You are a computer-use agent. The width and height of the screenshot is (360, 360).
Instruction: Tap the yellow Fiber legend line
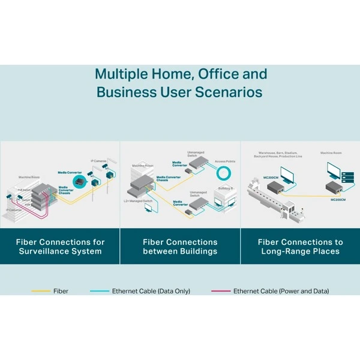(x=40, y=291)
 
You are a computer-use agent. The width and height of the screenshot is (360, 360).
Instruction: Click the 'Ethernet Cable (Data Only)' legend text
(x=151, y=291)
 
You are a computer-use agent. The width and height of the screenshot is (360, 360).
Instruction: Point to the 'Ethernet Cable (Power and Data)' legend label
(x=281, y=291)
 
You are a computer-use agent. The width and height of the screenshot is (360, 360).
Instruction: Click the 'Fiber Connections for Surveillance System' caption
(x=60, y=247)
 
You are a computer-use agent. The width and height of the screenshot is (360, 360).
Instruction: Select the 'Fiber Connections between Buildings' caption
(x=180, y=247)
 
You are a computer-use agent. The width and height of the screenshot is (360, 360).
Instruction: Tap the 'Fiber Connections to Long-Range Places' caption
(x=300, y=247)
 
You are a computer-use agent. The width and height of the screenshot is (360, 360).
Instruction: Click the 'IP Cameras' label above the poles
(x=99, y=161)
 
